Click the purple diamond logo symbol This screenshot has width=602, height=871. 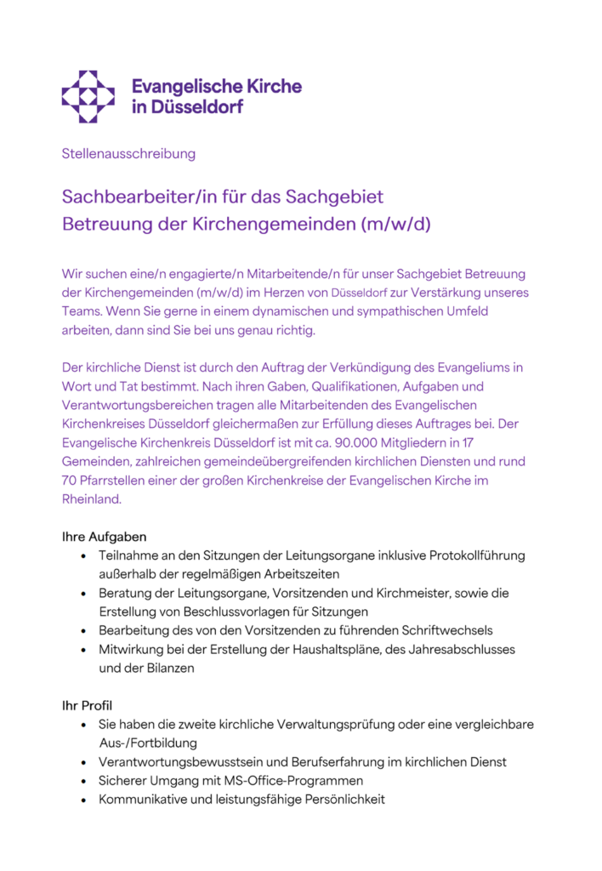point(88,96)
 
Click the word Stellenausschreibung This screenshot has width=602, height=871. point(128,154)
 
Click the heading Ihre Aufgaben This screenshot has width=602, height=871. point(104,538)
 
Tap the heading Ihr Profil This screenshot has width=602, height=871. point(87,705)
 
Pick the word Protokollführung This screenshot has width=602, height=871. point(465,556)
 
